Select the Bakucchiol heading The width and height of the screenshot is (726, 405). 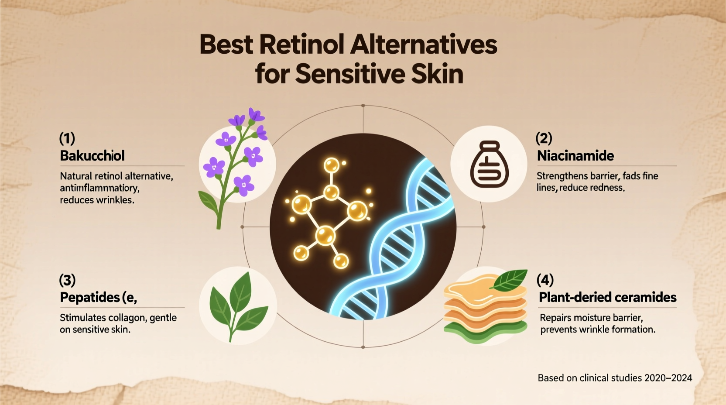coord(92,156)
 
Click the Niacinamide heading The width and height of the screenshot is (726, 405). coord(575,156)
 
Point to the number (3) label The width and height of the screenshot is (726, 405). coord(67,280)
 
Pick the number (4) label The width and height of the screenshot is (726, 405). coord(545,280)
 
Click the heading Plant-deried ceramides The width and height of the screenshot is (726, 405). coord(607,298)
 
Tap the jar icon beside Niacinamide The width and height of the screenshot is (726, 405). coord(489,165)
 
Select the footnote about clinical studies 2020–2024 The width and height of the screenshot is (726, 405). coord(614,378)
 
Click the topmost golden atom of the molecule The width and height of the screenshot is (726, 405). coord(332,165)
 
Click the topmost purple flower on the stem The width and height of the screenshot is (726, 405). coord(256,115)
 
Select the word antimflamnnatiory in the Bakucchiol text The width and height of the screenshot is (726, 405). coord(99,188)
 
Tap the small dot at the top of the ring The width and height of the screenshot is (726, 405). coord(363,106)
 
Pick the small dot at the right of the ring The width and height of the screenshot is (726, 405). coord(483,227)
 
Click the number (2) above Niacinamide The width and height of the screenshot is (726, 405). coord(544,138)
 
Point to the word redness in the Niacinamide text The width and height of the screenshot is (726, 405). coord(607,188)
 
